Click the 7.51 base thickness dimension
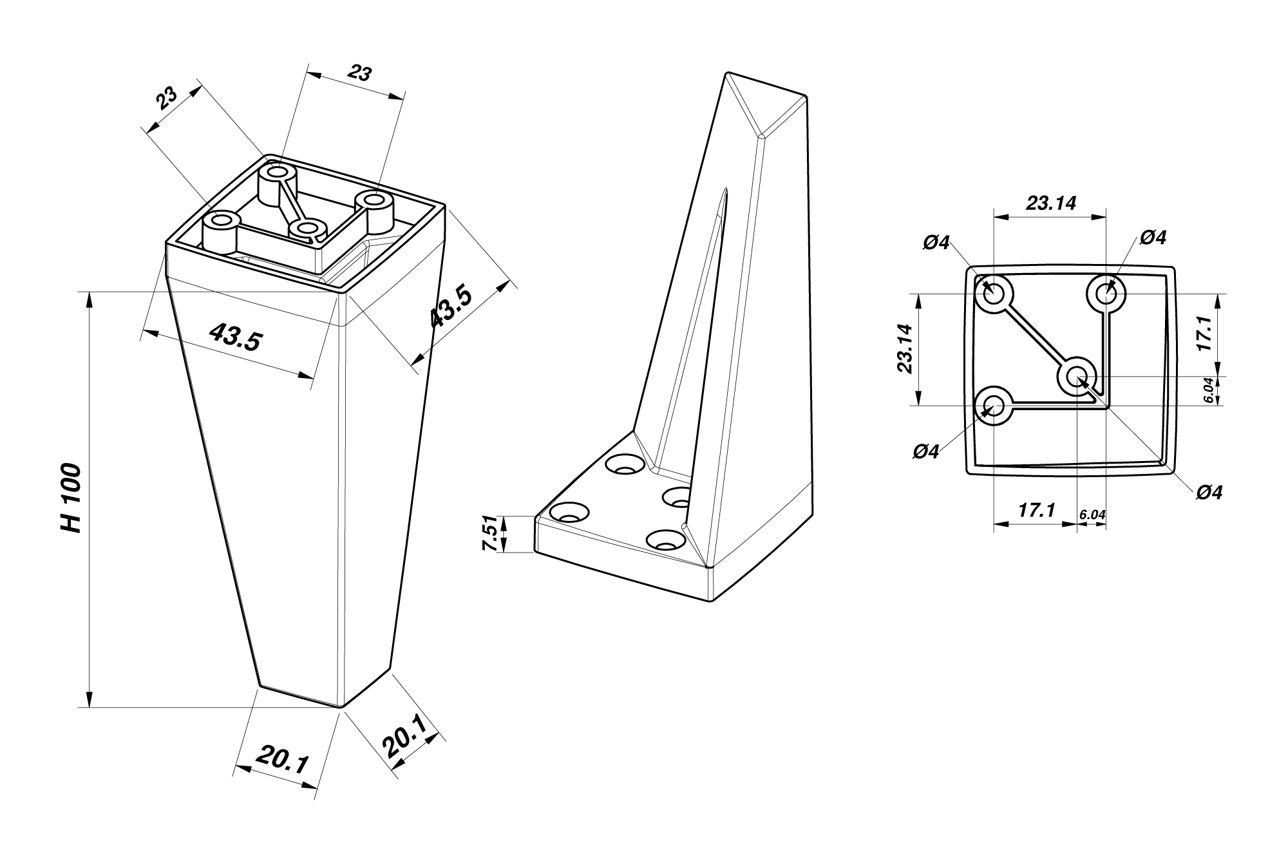coord(491,533)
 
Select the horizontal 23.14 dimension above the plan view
coord(1051,203)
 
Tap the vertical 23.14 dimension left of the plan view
coord(905,348)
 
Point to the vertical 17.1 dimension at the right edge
coord(1204,333)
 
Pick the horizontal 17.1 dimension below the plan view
coord(1036,511)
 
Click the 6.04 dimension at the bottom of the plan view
coord(1092,514)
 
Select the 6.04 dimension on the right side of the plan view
coord(1208,390)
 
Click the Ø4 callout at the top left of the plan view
coord(936,243)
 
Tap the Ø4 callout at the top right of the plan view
coord(1153,238)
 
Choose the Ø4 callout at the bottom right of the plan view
coord(1209,493)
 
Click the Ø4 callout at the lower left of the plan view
coord(926,452)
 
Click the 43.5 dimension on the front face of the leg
coord(236,337)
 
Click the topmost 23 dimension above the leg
coord(359,73)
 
